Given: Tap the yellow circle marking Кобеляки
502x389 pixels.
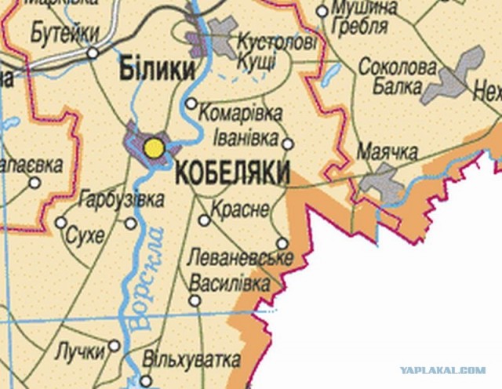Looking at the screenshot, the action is tap(155, 147).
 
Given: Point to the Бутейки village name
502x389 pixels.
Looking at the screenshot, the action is tap(66, 33).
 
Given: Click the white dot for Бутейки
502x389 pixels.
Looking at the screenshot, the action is tap(93, 53).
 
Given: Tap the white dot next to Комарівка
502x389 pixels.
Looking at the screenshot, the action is tap(191, 104).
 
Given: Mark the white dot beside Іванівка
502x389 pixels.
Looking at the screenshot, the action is tap(287, 143).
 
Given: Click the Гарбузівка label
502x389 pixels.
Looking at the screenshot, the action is tap(122, 199).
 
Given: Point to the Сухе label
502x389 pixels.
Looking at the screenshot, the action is tap(85, 234).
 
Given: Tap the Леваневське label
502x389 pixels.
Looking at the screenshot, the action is tap(241, 257).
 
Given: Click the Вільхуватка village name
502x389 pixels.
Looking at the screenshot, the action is tap(191, 359).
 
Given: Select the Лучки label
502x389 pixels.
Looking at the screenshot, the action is tap(79, 351).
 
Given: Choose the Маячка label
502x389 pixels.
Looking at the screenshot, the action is tap(387, 151).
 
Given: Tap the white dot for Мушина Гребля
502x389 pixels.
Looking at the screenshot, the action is tap(322, 11).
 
